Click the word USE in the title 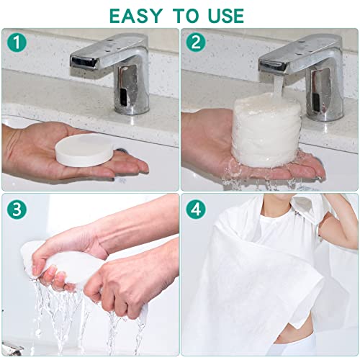coord(221,14)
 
